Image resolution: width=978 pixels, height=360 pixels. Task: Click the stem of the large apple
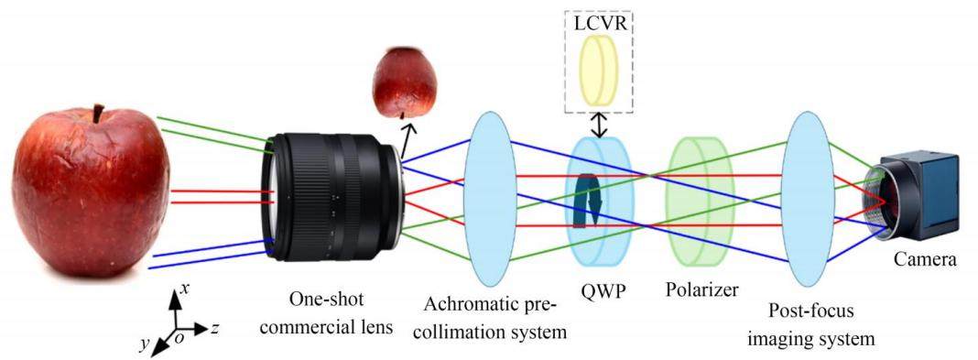(98, 115)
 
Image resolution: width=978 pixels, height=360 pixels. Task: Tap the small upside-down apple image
(404, 82)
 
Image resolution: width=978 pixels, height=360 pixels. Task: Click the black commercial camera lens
(331, 196)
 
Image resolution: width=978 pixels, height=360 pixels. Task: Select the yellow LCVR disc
(599, 70)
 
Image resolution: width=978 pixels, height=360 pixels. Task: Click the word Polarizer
(701, 290)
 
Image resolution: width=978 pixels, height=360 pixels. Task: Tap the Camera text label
(925, 258)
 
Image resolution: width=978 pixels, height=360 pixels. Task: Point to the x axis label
(184, 289)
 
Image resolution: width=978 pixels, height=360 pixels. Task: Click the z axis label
(214, 328)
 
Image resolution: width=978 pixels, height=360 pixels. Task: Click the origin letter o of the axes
(179, 337)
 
